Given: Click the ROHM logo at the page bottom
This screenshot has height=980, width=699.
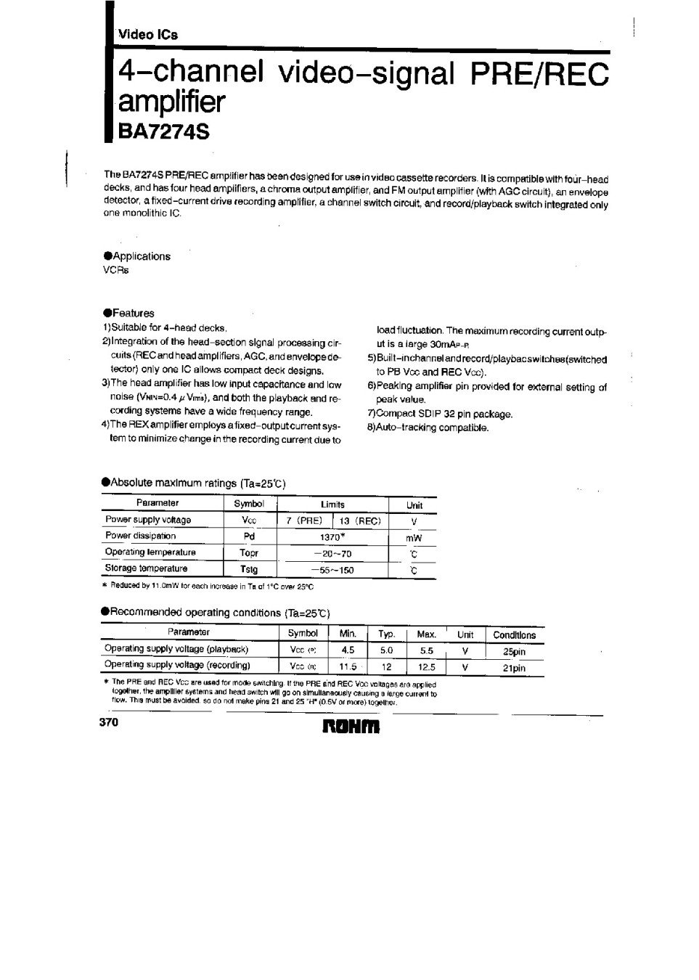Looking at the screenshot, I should coord(350,726).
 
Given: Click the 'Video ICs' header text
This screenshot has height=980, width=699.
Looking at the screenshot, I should coord(148,34).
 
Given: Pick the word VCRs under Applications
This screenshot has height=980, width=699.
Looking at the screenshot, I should coord(116,270).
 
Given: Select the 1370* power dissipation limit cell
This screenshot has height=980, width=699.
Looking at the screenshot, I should coord(332,536).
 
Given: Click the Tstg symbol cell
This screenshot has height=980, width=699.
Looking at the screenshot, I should coord(249,569).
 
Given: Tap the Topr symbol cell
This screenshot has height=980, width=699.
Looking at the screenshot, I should coord(249,552).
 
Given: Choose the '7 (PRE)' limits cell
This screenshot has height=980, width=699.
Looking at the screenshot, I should coord(305,520).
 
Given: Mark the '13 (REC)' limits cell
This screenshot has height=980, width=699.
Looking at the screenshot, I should coord(360,520).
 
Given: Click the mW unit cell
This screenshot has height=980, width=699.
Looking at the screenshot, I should coord(414,538).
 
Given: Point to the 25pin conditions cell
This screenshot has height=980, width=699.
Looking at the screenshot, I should coord(514,651).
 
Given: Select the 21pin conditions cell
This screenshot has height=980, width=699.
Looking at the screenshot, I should coord(514,668).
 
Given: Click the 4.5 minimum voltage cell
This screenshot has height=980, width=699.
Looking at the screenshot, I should coord(348,650).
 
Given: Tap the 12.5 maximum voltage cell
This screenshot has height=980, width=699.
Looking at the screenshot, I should coord(427,667).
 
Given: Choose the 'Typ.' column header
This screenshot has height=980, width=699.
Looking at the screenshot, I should coord(386,634).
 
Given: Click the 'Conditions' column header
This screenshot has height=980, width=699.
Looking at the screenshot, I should coord(514,634).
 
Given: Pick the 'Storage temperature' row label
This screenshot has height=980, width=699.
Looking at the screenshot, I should coord(146,568).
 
